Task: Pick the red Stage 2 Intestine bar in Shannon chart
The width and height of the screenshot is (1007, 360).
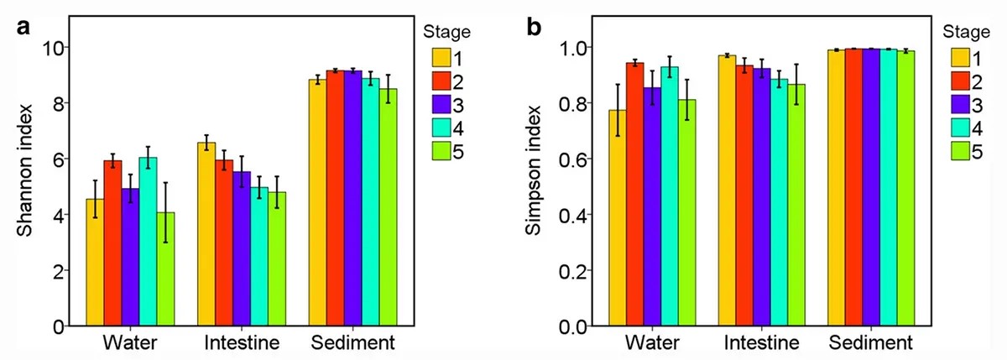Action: pyautogui.click(x=224, y=243)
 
